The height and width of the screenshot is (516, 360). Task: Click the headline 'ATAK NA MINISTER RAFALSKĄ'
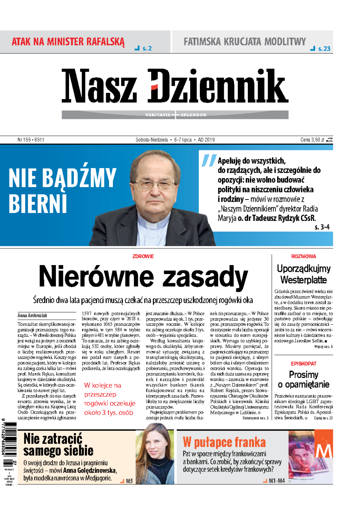[x=68, y=42]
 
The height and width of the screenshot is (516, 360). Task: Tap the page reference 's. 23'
[x=324, y=48]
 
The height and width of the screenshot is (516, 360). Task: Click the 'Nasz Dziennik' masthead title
[x=175, y=86]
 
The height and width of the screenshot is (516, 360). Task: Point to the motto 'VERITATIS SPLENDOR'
[x=175, y=115]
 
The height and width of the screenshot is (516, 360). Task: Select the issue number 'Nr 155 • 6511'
[x=31, y=140]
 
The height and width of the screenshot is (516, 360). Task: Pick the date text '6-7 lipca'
[x=183, y=140]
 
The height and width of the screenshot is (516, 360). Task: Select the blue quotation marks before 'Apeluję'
[x=208, y=160]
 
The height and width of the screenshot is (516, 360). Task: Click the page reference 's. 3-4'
[x=322, y=227]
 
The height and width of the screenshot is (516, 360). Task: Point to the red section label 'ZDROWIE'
[x=143, y=256]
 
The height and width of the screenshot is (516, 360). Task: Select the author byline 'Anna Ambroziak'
[x=32, y=315]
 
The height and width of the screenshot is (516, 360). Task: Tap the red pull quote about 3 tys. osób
[x=109, y=399]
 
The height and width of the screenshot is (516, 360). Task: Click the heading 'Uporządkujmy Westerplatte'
[x=303, y=274]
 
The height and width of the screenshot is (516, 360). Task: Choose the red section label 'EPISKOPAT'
[x=303, y=364]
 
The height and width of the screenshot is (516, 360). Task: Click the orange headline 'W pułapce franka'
[x=224, y=442]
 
